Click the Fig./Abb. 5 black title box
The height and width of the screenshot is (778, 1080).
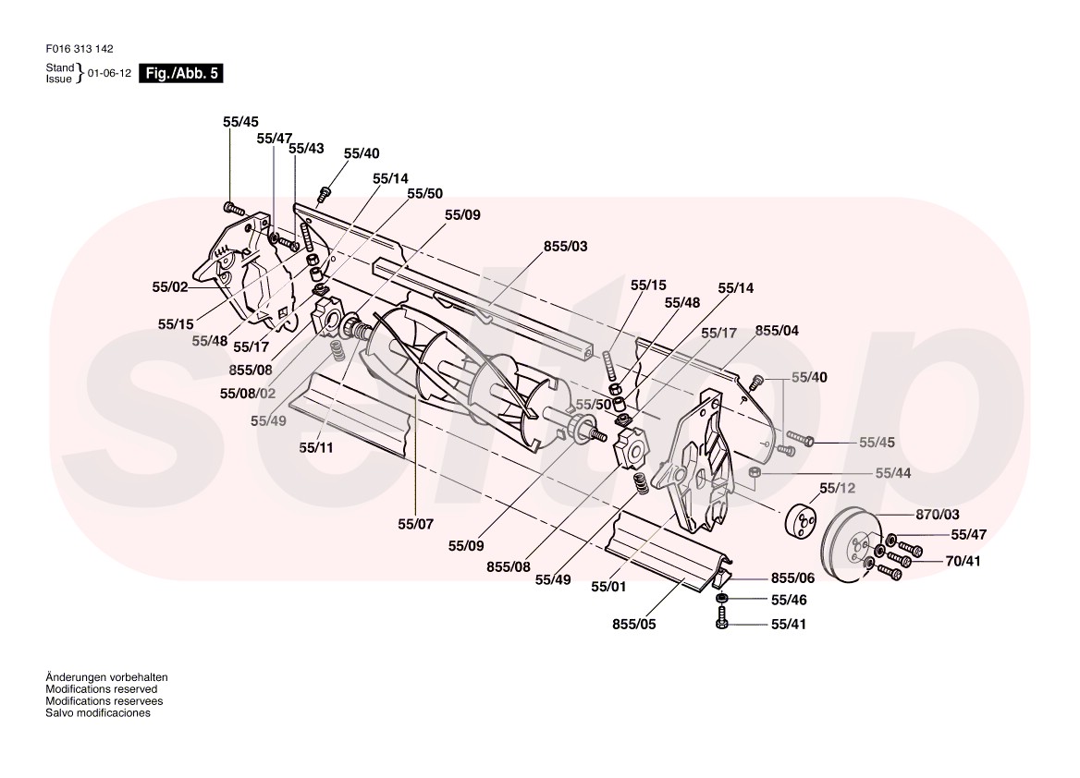pyautogui.click(x=180, y=75)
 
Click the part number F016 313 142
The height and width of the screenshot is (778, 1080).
pyautogui.click(x=80, y=50)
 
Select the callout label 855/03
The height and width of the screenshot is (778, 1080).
pyautogui.click(x=565, y=247)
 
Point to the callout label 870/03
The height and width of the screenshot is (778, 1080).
pyautogui.click(x=938, y=514)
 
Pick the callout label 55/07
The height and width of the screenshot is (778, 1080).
pyautogui.click(x=415, y=524)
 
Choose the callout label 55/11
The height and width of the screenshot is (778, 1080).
pyautogui.click(x=314, y=447)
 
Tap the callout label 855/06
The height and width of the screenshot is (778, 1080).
pyautogui.click(x=792, y=577)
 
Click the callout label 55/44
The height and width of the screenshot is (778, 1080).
pyautogui.click(x=893, y=473)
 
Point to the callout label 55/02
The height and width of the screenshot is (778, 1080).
pyautogui.click(x=170, y=287)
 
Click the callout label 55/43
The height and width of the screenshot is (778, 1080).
pyautogui.click(x=306, y=148)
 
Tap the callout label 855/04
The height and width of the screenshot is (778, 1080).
pyautogui.click(x=778, y=330)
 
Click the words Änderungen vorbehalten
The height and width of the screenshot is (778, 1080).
pyautogui.click(x=106, y=677)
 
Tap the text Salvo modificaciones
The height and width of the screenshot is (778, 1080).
pyautogui.click(x=97, y=713)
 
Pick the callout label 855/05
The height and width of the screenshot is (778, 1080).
pyautogui.click(x=633, y=623)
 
